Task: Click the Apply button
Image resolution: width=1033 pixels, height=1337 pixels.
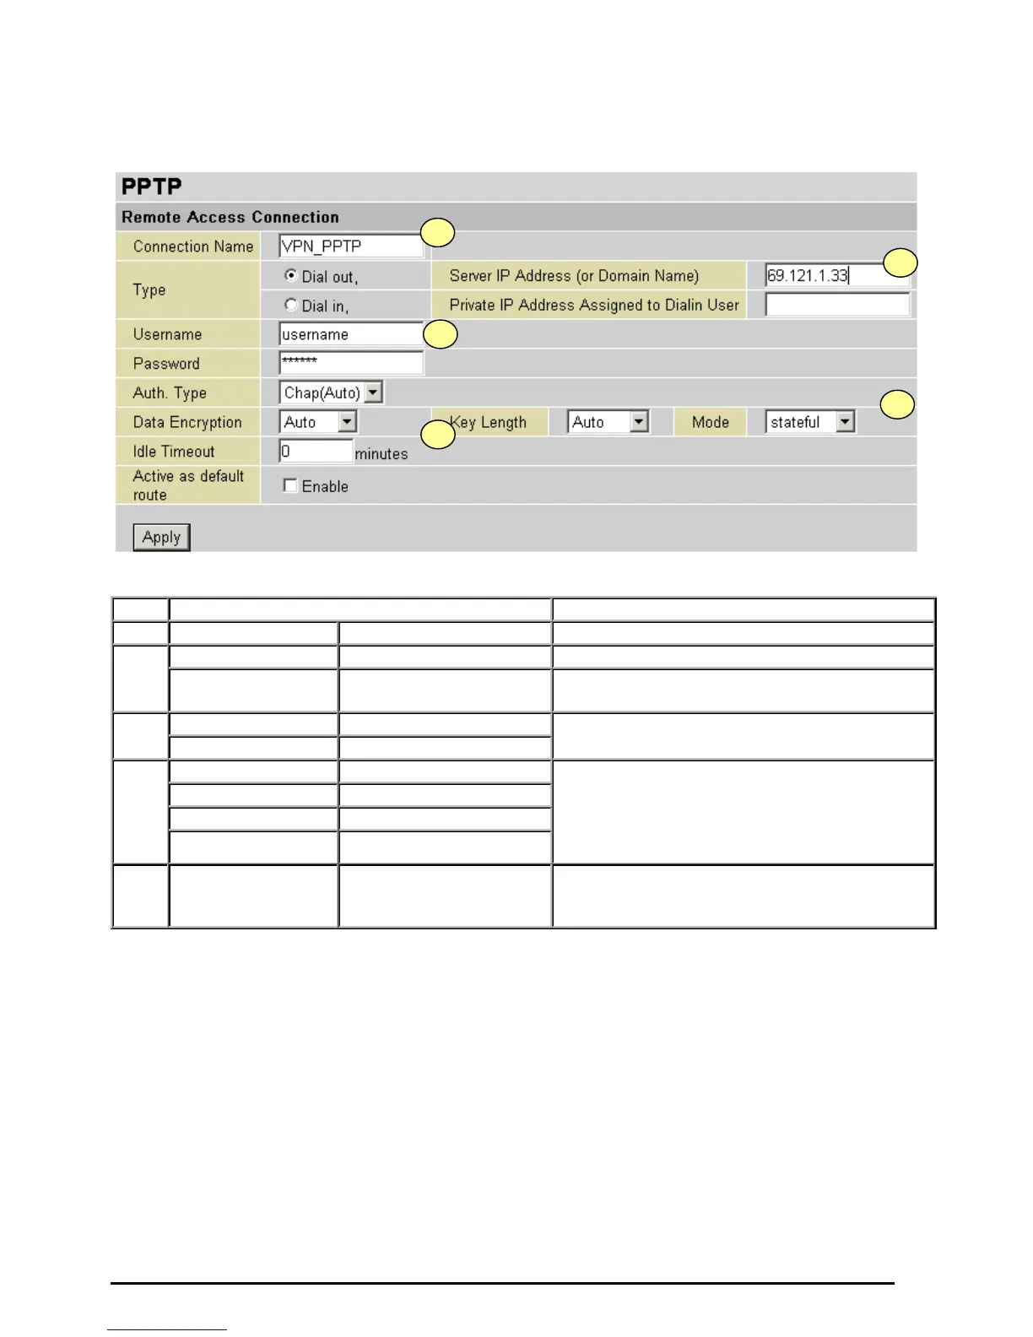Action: pos(161,537)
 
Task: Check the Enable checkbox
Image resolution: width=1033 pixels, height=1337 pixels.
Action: pos(290,485)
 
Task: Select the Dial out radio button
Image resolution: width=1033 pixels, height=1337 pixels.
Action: pos(291,275)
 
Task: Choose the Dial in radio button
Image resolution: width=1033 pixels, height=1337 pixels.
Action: pos(291,305)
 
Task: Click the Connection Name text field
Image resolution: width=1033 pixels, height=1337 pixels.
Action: pos(350,246)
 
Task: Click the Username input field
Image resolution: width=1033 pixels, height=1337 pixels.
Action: pos(350,334)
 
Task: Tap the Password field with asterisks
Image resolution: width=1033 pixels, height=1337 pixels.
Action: pos(350,363)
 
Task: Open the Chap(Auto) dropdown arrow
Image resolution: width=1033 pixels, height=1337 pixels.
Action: pos(374,392)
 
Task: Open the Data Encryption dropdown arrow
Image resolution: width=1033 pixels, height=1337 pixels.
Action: pos(347,422)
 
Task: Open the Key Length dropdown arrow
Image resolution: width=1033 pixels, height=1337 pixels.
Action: pos(639,422)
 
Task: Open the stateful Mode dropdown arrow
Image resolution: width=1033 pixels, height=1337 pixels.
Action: pos(845,422)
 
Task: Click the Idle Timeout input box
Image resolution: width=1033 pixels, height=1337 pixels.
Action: pos(316,452)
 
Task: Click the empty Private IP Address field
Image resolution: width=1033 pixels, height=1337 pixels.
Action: pos(836,305)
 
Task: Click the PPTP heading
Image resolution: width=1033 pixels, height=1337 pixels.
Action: pos(152,187)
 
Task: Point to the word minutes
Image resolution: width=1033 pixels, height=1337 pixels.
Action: pos(381,454)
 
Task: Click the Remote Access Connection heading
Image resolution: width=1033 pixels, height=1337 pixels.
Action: pos(230,217)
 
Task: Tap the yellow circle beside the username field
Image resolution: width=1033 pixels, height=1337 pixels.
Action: pos(440,334)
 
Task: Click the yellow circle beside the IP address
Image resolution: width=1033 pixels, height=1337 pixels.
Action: pos(900,263)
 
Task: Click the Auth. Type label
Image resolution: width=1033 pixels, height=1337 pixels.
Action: pos(170,393)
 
